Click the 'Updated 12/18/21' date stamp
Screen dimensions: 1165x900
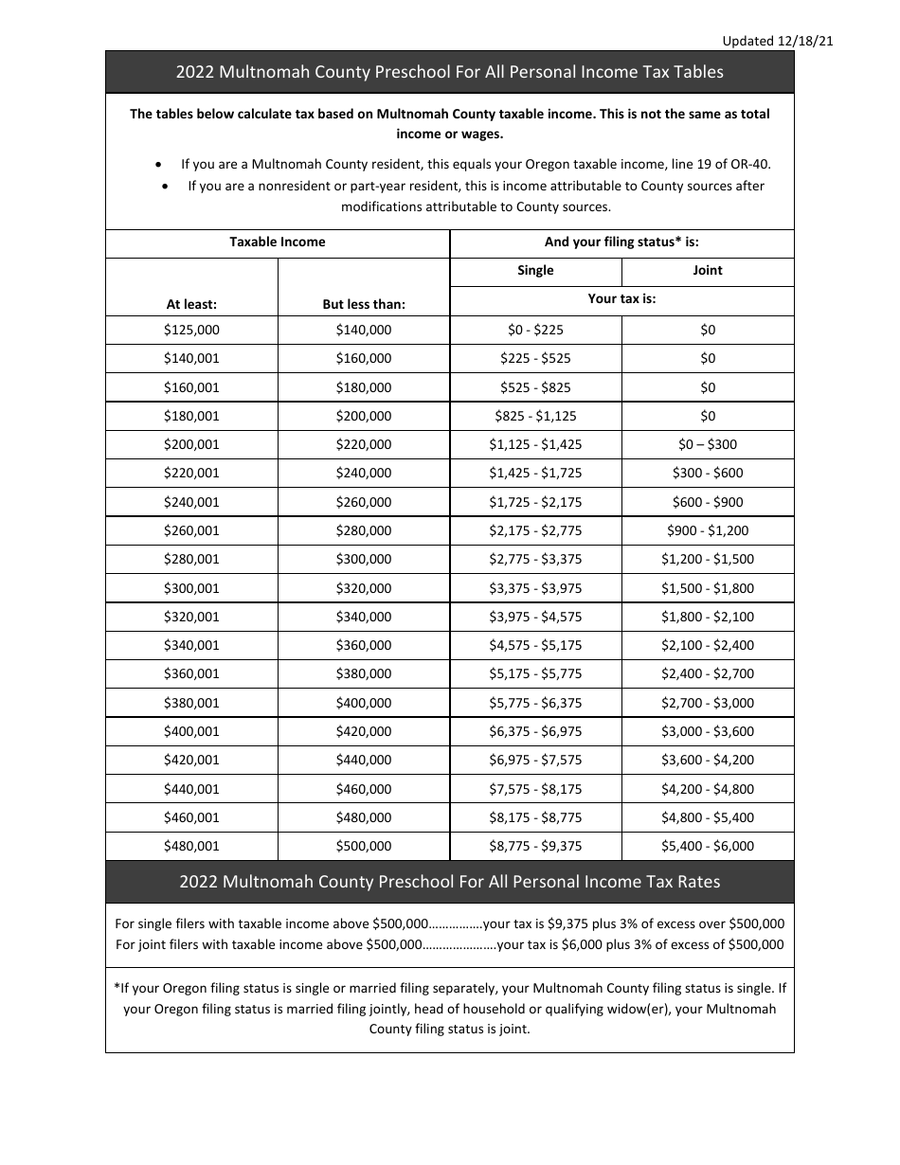pyautogui.click(x=777, y=41)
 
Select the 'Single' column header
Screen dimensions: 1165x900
pyautogui.click(x=535, y=271)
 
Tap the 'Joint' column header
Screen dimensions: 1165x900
pyautogui.click(x=708, y=271)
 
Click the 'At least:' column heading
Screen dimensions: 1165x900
pyautogui.click(x=191, y=304)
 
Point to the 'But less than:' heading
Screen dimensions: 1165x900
pyautogui.click(x=364, y=304)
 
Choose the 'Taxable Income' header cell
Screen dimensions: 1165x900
pyautogui.click(x=278, y=242)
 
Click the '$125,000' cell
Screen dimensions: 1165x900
pyautogui.click(x=191, y=330)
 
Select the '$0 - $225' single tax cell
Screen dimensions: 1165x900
pyautogui.click(x=535, y=330)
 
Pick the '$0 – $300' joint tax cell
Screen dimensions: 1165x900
pyautogui.click(x=708, y=444)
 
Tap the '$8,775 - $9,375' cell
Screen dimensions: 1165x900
pyautogui.click(x=535, y=846)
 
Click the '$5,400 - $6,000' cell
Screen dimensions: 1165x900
pyautogui.click(x=708, y=846)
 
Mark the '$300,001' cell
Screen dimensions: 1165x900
pyautogui.click(x=191, y=588)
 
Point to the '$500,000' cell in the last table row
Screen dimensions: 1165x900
pyautogui.click(x=364, y=846)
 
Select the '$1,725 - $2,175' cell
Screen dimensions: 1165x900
pyautogui.click(x=535, y=502)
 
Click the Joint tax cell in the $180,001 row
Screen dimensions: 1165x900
pyautogui.click(x=708, y=416)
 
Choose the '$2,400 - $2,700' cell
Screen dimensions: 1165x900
pyautogui.click(x=708, y=674)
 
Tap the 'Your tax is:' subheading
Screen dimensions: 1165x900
pyautogui.click(x=621, y=298)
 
